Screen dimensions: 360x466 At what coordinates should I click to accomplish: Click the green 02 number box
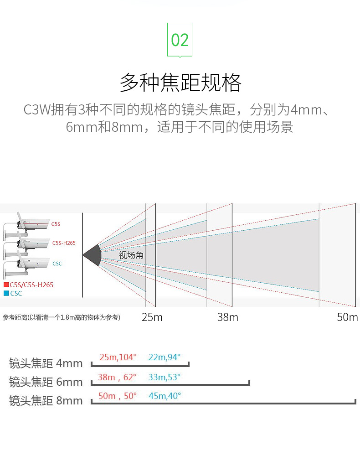coord(180,40)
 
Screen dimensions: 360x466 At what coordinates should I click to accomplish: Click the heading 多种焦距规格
coord(180,83)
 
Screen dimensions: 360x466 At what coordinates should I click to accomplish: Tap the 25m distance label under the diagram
coord(152,317)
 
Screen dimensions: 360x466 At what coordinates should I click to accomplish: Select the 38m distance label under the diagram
coord(228,317)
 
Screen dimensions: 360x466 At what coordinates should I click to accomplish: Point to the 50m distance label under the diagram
coord(347,317)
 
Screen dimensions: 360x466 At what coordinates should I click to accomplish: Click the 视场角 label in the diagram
coord(131,255)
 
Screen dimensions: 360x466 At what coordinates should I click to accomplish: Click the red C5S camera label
coord(56,224)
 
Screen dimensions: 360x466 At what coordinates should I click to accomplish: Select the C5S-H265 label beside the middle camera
coord(64,243)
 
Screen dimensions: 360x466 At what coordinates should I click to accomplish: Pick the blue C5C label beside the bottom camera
coord(57,264)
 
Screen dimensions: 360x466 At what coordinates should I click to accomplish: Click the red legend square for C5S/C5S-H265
coord(6,285)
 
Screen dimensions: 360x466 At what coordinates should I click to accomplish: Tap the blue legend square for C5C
coord(6,293)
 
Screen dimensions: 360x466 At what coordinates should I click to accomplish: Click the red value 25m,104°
coord(118,357)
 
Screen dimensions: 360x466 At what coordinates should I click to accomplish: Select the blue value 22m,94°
coord(165,357)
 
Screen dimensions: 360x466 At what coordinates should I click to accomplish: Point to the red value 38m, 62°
coord(117,377)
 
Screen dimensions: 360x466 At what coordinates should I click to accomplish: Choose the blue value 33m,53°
coord(165,377)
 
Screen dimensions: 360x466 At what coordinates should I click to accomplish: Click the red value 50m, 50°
coord(117,396)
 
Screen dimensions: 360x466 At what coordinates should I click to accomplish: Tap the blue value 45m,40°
coord(165,396)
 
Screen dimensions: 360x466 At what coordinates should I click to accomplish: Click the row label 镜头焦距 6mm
coord(46,382)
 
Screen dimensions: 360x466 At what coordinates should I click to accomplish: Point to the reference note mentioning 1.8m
coord(62,317)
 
